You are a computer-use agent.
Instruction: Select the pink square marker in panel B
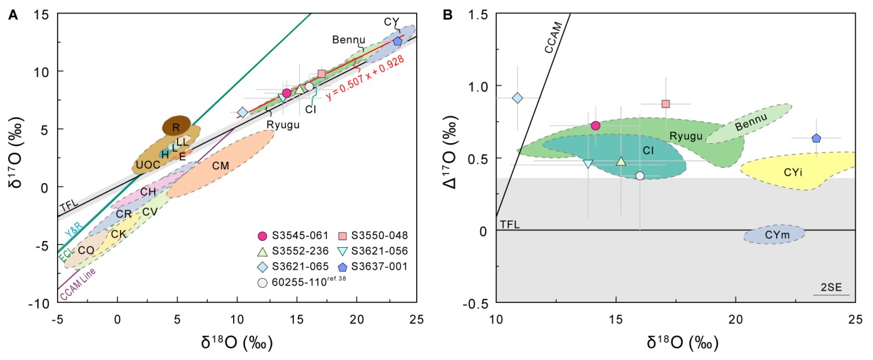tap(665, 104)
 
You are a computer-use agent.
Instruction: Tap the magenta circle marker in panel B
tap(596, 125)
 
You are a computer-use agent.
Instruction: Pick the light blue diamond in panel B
tap(518, 98)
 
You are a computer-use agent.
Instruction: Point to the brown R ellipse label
tap(176, 127)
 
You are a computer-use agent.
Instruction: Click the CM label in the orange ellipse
tap(220, 165)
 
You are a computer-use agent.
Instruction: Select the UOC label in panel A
tap(147, 165)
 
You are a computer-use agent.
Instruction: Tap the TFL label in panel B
tap(508, 224)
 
